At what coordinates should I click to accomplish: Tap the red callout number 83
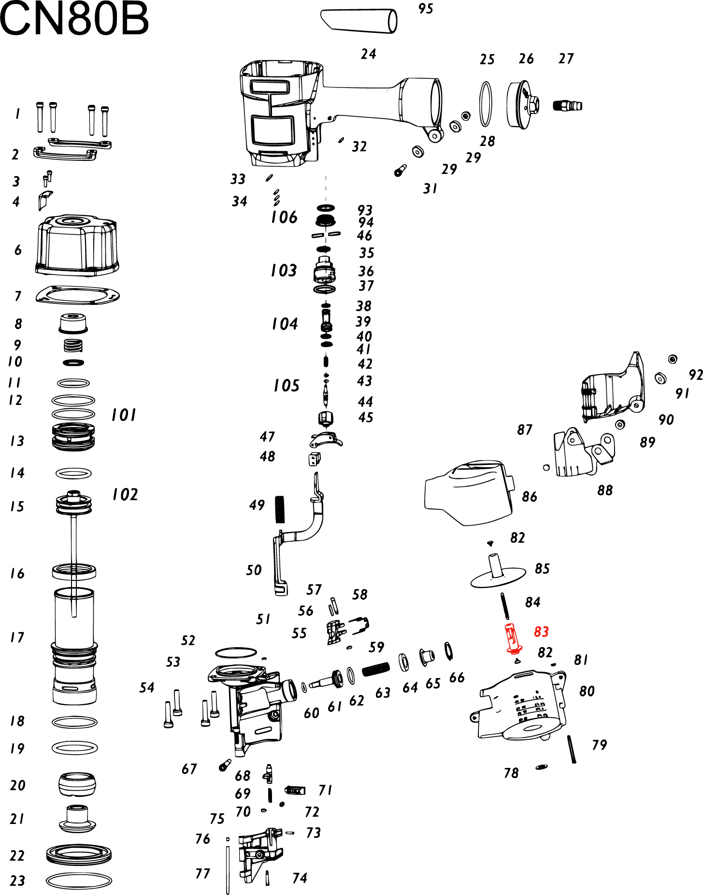coord(541,632)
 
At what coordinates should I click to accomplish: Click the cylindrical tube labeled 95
coord(359,20)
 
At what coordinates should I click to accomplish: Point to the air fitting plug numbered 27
coord(568,105)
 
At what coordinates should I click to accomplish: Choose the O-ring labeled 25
coord(486,104)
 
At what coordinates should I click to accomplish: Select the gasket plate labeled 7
coord(77,295)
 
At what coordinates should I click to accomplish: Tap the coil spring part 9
coord(73,346)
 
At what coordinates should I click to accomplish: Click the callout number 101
coord(124,415)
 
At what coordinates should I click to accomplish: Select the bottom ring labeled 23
coord(79,881)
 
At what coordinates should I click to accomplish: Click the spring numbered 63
coord(375,669)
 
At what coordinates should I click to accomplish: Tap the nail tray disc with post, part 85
coord(498,573)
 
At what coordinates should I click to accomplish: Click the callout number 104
coord(285,323)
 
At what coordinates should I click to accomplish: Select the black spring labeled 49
coord(280,509)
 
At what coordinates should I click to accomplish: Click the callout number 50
coord(254,570)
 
